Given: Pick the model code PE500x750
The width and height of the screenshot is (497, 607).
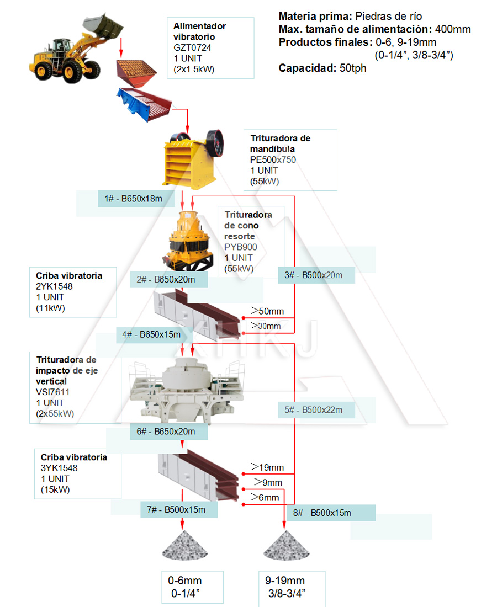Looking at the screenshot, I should point(273,160).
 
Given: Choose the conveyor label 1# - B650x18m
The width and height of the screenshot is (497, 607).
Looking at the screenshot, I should point(133,198).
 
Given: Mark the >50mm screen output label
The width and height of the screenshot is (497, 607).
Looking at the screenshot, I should point(267,311).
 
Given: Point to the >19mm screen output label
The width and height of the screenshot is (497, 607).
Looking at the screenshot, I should point(267,468).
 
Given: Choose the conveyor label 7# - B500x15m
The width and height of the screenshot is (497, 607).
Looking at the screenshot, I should point(176,509).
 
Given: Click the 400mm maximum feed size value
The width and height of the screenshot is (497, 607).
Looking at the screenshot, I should point(453,29).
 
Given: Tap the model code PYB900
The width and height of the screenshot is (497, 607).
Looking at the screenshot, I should point(241,247).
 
